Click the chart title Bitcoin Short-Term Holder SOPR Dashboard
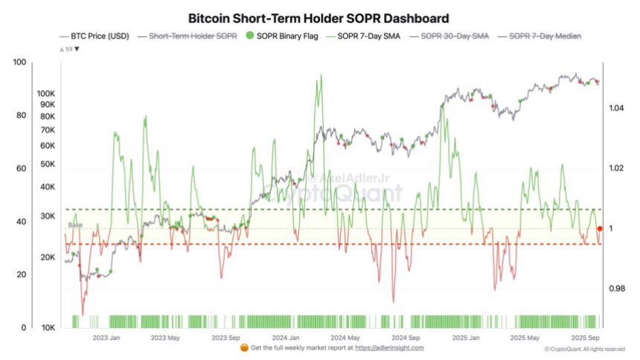(319, 17)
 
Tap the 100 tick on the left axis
(19, 62)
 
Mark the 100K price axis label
(46, 94)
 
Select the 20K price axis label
(48, 257)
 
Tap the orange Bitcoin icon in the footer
(244, 347)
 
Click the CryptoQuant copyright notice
(584, 349)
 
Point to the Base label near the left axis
(75, 225)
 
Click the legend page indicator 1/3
(68, 48)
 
